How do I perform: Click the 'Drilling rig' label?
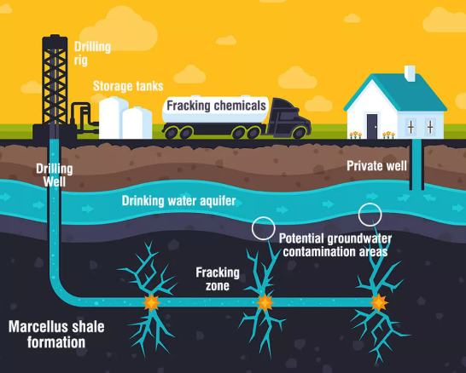92,54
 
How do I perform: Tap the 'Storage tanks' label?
128,86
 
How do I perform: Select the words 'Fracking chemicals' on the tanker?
216,106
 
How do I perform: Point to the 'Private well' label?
376,166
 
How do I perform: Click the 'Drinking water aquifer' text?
178,201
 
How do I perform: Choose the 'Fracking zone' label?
218,279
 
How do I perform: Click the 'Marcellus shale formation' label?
56,334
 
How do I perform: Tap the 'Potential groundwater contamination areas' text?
335,245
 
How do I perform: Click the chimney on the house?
410,73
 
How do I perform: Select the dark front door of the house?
372,126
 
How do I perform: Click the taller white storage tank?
112,118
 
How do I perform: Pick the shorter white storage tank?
137,123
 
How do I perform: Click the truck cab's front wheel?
299,133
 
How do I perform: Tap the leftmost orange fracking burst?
151,302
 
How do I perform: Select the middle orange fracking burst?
265,302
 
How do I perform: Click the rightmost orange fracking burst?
379,302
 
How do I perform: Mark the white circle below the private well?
370,204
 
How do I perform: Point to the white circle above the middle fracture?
264,217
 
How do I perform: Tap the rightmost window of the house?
430,127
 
